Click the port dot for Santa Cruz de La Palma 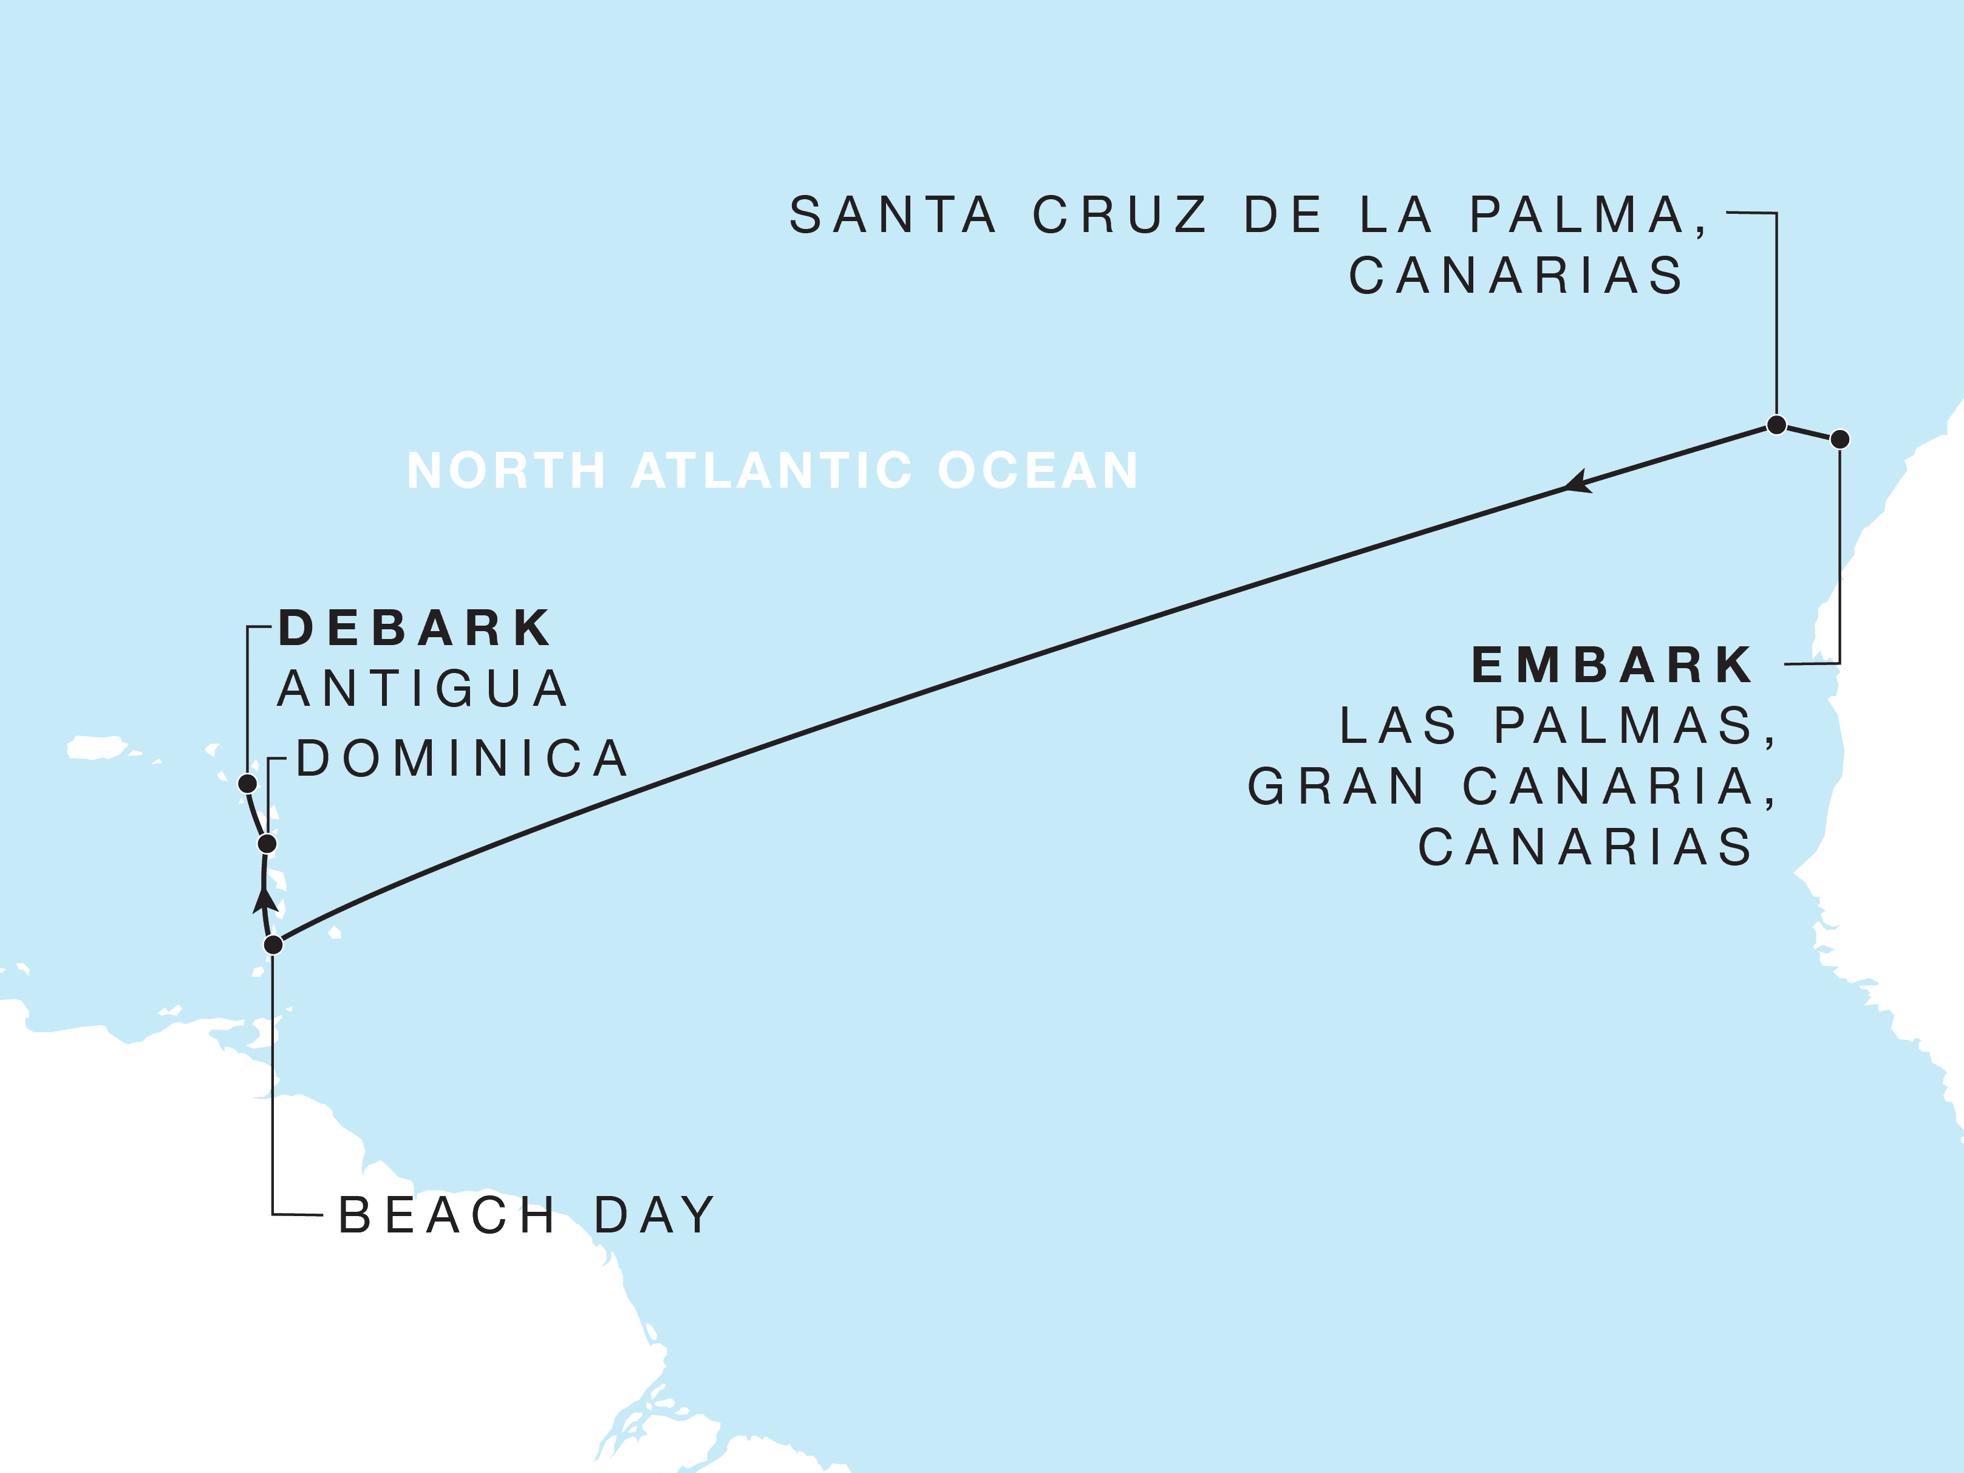(1776, 425)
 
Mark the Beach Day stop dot (273, 945)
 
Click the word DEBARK (415, 629)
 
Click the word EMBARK (1612, 665)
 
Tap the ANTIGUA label (423, 689)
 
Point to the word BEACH (446, 1215)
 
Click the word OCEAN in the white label (1038, 471)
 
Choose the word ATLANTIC (771, 471)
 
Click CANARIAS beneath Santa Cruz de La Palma (1516, 275)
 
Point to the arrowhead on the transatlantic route (1577, 483)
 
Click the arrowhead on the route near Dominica (265, 900)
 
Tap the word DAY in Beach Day (655, 1215)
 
